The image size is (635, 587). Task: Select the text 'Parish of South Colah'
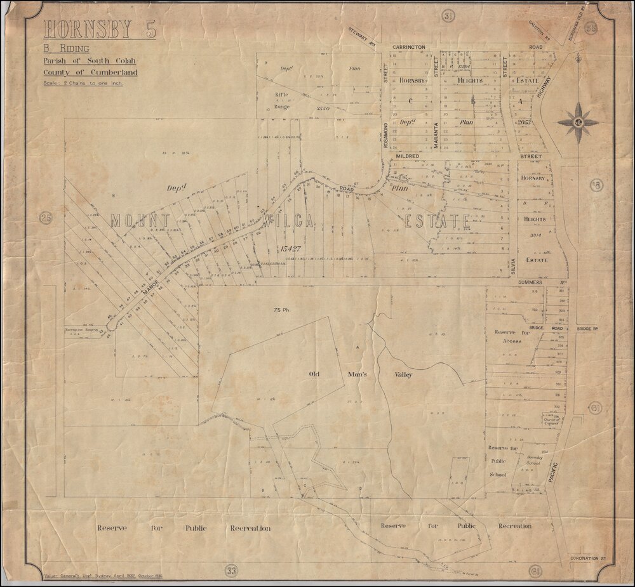click(x=85, y=61)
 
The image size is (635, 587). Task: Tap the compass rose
click(x=578, y=122)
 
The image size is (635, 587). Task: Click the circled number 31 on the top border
click(x=448, y=15)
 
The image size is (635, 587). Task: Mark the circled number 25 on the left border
click(x=45, y=218)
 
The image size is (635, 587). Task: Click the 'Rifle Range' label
click(x=283, y=101)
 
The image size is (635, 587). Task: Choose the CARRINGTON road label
click(x=408, y=48)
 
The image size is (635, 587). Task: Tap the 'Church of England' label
click(x=552, y=419)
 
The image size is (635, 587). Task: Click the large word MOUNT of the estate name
click(x=140, y=220)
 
